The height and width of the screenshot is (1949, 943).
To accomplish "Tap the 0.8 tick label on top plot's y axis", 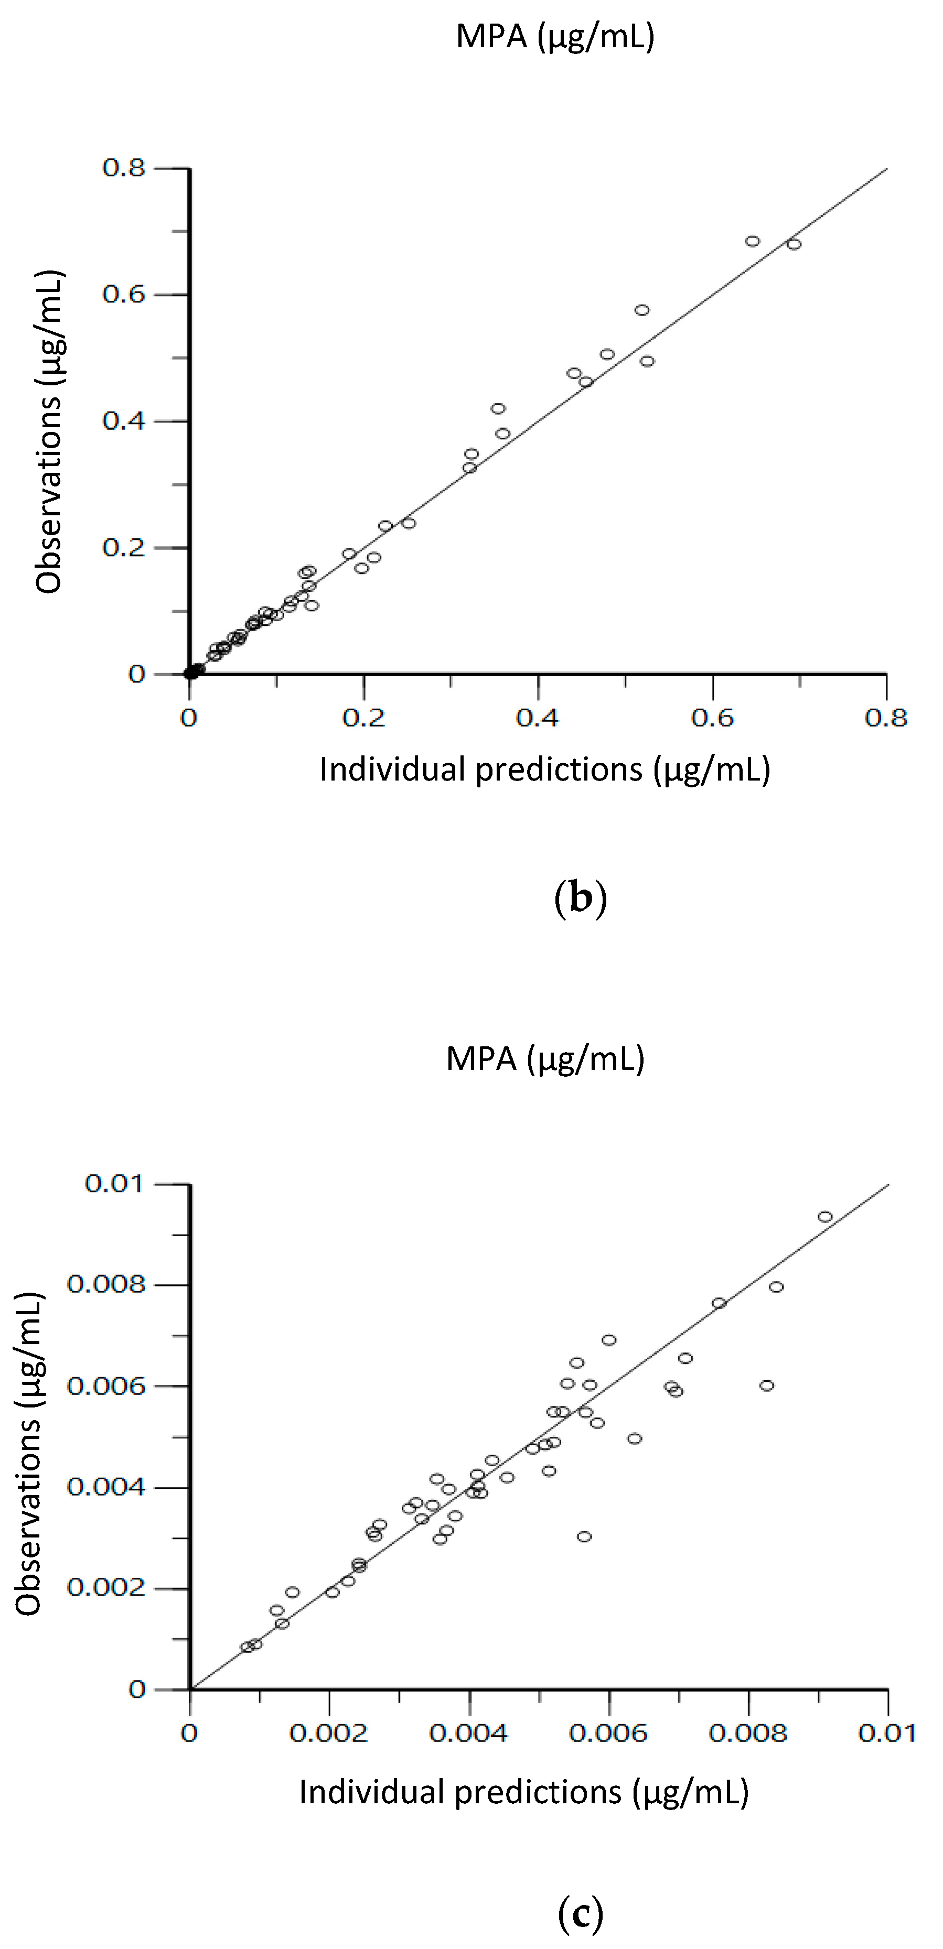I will (x=123, y=168).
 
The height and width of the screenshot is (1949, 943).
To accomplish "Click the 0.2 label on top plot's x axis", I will (x=363, y=717).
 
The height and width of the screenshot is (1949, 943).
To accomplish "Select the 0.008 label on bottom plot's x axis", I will (x=748, y=1733).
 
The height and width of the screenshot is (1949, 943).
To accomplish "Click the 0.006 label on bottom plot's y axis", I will (x=105, y=1386).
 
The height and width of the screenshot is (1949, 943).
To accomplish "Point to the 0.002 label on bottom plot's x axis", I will (x=329, y=1733).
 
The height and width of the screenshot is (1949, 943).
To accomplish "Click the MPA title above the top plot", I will (x=555, y=36).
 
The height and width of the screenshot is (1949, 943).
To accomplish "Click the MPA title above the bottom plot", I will (x=545, y=1058).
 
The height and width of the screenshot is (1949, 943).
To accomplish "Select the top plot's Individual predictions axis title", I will (x=544, y=770).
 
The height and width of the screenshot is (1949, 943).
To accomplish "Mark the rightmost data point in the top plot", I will (x=793, y=244).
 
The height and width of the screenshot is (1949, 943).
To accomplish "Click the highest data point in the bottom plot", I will (x=825, y=1217).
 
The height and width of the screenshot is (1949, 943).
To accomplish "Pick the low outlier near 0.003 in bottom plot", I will (x=584, y=1536).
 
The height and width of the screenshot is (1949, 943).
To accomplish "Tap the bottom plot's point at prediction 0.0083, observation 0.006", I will (x=767, y=1386).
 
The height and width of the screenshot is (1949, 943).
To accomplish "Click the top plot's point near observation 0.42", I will (x=498, y=408).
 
